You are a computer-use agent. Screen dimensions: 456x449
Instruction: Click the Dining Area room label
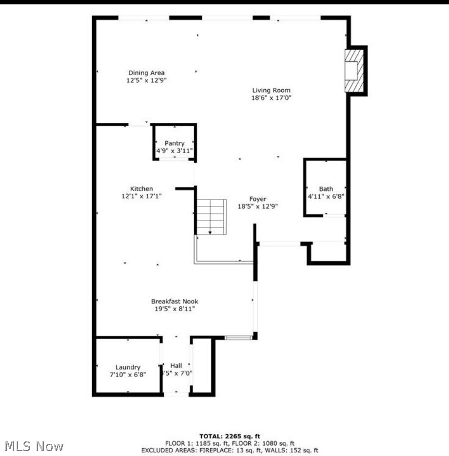(146, 73)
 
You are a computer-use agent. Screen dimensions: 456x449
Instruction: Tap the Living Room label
(271, 90)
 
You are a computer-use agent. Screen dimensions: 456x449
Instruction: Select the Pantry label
(175, 143)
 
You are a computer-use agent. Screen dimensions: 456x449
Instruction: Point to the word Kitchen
(141, 189)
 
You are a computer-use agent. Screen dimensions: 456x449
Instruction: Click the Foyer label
(258, 199)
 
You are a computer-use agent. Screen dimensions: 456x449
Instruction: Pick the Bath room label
(326, 189)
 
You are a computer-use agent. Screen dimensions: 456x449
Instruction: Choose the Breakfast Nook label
(175, 302)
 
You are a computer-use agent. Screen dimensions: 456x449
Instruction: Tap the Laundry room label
(128, 367)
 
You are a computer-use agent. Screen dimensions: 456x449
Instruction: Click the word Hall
(176, 365)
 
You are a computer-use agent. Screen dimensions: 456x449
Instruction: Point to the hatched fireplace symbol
(354, 71)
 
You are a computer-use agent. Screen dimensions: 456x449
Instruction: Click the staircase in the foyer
(211, 217)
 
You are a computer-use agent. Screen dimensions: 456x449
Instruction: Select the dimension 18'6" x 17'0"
(271, 97)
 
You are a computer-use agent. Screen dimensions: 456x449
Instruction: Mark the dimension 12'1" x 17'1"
(141, 196)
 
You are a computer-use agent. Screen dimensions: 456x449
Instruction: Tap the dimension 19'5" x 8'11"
(175, 309)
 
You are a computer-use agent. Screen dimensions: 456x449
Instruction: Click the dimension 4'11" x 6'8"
(326, 196)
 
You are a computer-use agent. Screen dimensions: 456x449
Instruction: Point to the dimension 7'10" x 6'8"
(128, 375)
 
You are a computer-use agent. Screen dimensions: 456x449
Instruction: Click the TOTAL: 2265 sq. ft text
(230, 436)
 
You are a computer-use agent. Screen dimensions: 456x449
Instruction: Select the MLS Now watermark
(34, 446)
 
